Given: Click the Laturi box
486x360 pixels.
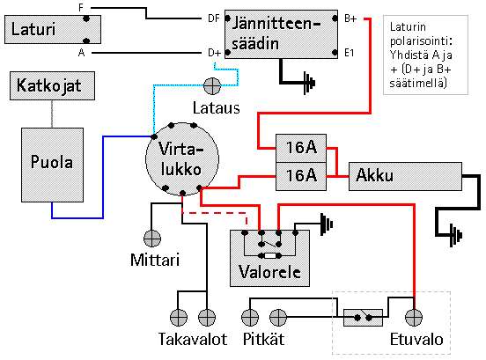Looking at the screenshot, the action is (x=53, y=29).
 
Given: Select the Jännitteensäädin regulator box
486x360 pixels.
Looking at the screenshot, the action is (x=281, y=34).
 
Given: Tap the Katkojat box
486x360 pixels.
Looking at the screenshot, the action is (x=52, y=85).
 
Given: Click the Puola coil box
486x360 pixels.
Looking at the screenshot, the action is (x=52, y=165).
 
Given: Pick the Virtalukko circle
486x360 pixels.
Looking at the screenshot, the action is (x=182, y=159).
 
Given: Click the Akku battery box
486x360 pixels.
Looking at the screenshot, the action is (x=405, y=176).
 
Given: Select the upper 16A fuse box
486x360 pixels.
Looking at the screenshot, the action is (x=301, y=148).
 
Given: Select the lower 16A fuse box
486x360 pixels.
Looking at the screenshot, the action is (x=301, y=176).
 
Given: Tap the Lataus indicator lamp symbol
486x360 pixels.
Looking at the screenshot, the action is (x=212, y=86).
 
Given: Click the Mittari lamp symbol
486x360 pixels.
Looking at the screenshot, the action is (x=152, y=239).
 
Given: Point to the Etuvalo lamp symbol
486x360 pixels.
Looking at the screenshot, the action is (x=414, y=318).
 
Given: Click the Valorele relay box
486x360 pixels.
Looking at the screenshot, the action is (x=269, y=258).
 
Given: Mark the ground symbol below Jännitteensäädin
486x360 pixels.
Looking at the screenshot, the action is (x=309, y=83).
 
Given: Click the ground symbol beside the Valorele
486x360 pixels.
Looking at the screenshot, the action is (x=327, y=224).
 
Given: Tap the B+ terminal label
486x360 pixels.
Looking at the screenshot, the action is (x=350, y=18).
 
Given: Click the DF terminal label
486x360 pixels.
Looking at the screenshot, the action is (x=214, y=18).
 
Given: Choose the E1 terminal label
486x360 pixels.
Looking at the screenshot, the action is (x=350, y=53).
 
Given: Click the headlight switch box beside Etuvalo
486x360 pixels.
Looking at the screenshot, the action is (x=363, y=318).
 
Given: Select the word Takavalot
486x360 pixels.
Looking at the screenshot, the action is (x=193, y=339).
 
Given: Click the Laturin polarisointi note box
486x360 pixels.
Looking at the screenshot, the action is (x=425, y=55).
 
